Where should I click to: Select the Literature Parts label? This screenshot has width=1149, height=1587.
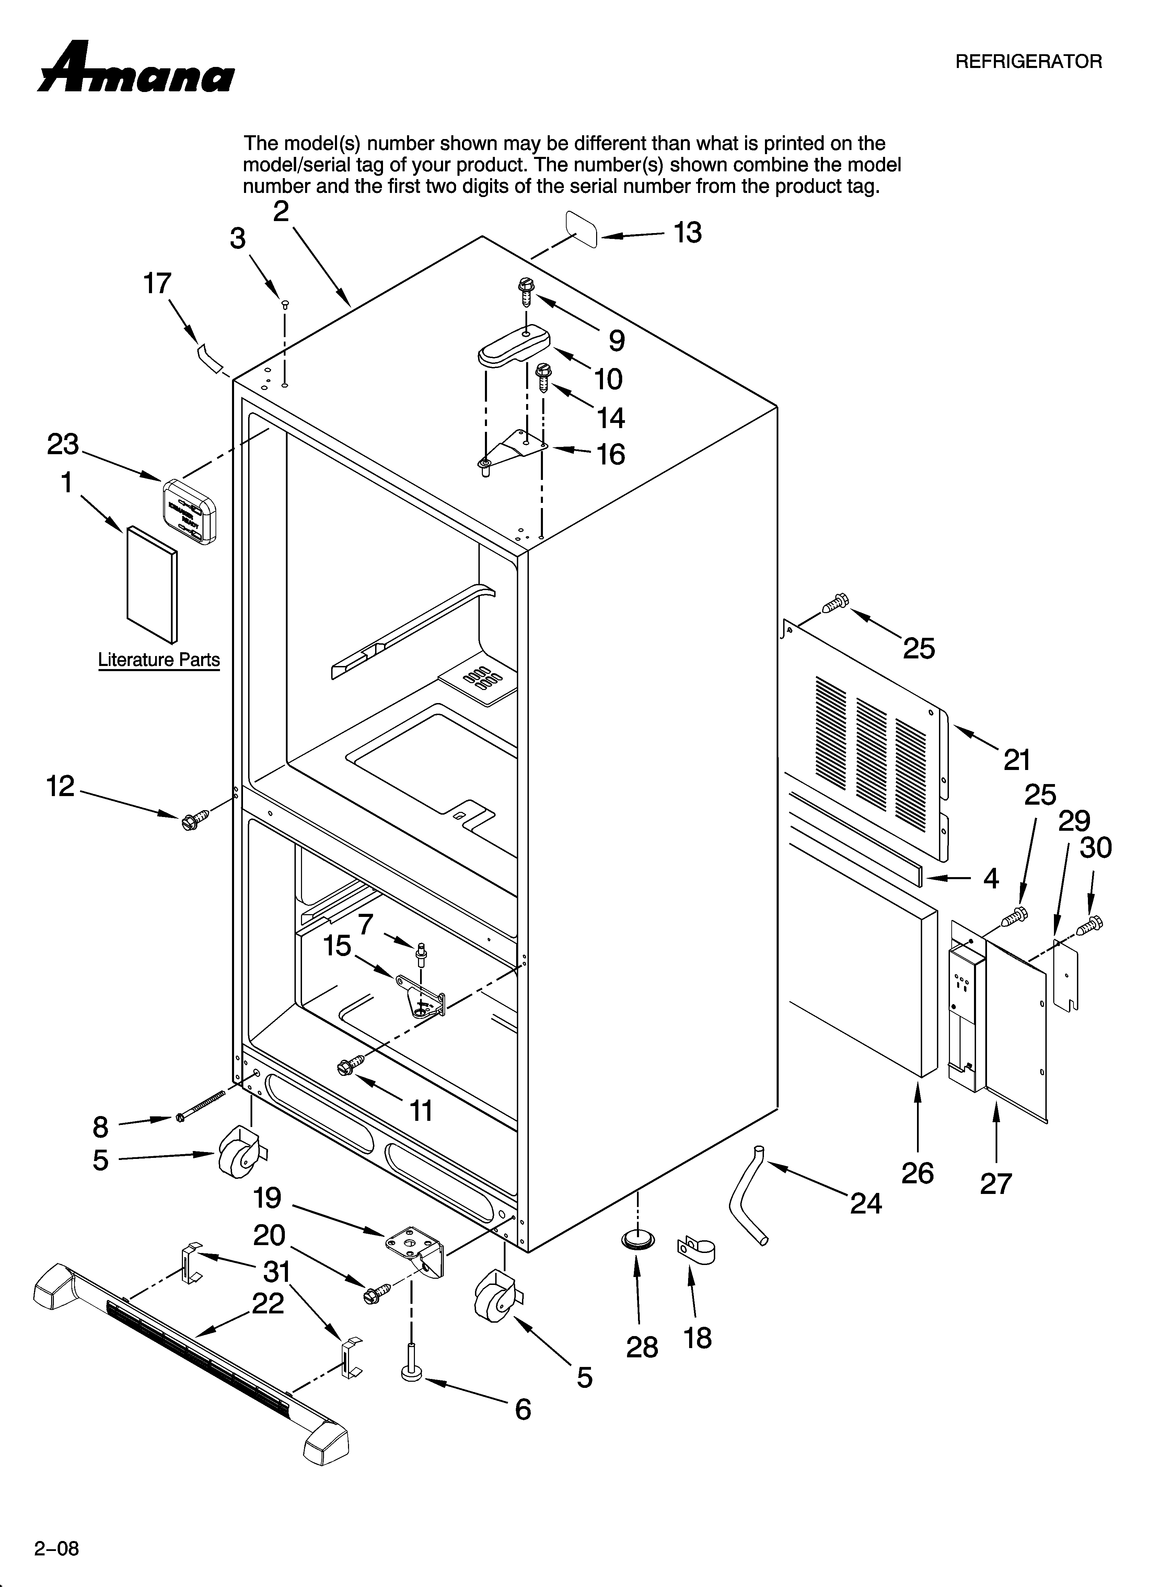click(159, 660)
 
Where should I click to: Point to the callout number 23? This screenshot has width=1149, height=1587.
click(63, 444)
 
